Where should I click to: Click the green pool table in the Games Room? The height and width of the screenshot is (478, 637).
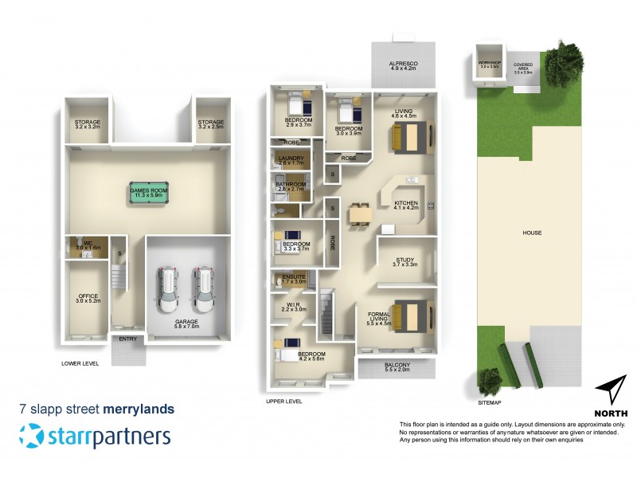pyautogui.click(x=150, y=191)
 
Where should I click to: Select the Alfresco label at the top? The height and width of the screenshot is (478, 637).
pyautogui.click(x=404, y=65)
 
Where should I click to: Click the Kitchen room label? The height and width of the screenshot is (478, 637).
pyautogui.click(x=406, y=203)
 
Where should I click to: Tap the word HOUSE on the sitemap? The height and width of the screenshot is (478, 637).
pyautogui.click(x=532, y=233)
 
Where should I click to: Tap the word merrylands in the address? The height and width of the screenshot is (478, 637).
pyautogui.click(x=139, y=409)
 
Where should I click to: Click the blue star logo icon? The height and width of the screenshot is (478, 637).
pyautogui.click(x=32, y=436)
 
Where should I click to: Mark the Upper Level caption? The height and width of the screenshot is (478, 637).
pyautogui.click(x=284, y=402)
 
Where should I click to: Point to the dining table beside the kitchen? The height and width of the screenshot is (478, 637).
pyautogui.click(x=360, y=212)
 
